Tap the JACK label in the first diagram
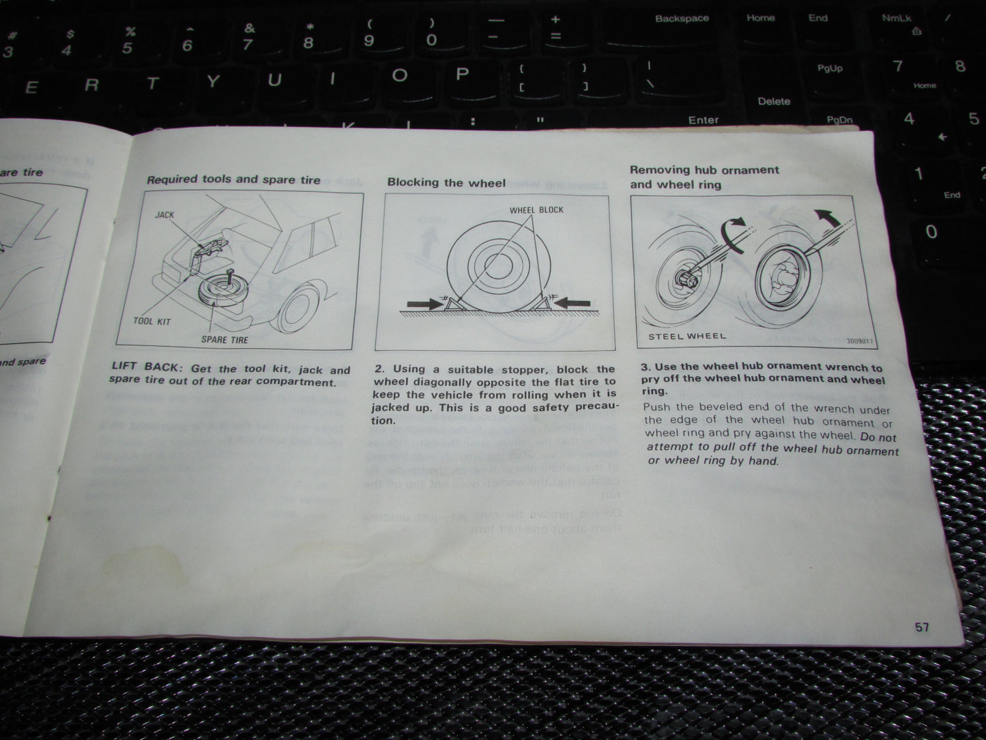(x=164, y=214)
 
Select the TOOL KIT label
(x=152, y=322)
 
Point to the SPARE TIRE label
(x=224, y=339)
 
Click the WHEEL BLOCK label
(x=536, y=210)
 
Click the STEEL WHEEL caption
(x=686, y=336)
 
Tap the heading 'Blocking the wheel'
(x=446, y=182)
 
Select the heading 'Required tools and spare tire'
(x=233, y=180)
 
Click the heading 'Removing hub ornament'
(x=704, y=170)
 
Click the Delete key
(x=774, y=101)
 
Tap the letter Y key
(x=212, y=82)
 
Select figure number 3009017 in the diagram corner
(x=860, y=341)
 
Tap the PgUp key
(x=830, y=68)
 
